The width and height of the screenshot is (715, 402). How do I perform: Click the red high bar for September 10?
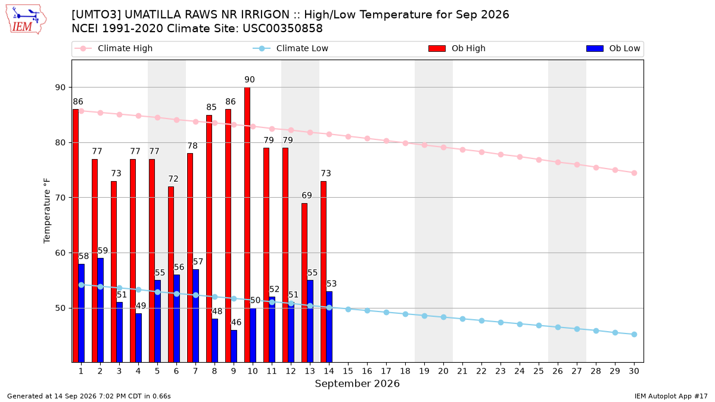click(247, 225)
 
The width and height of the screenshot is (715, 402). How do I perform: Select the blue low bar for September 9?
click(234, 346)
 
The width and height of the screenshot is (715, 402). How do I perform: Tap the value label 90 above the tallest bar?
click(250, 79)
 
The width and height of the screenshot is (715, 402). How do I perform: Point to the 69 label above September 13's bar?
click(307, 195)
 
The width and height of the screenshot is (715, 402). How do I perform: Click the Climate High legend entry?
click(113, 48)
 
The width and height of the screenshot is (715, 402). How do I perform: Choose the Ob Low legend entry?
click(613, 48)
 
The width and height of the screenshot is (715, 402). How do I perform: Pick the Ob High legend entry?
click(457, 48)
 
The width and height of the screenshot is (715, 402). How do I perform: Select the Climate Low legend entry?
click(291, 48)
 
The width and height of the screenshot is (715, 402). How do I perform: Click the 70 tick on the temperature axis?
click(60, 198)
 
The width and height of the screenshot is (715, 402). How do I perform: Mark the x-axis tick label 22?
click(481, 371)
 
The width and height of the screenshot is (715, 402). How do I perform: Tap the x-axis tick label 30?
click(634, 371)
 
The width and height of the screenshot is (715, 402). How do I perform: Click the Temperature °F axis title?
click(47, 211)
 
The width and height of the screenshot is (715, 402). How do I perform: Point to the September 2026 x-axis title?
click(357, 384)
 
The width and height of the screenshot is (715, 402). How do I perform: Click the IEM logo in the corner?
click(26, 20)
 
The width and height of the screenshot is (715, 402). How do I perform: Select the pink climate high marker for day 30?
click(634, 173)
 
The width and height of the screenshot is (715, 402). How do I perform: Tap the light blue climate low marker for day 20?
click(443, 317)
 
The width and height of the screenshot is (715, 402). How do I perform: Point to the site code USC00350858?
click(282, 29)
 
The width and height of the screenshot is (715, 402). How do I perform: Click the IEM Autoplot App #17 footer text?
click(671, 396)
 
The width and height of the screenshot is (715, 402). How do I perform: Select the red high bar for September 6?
click(171, 275)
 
